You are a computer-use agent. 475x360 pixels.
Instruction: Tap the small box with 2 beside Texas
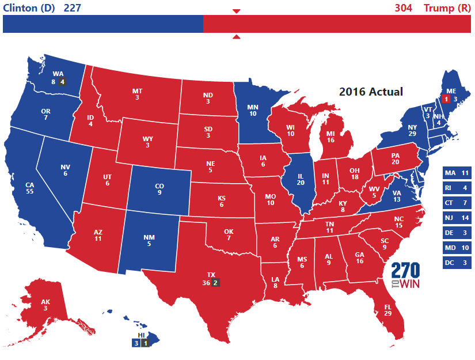coord(215,283)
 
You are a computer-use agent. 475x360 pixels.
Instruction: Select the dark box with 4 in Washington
coord(63,82)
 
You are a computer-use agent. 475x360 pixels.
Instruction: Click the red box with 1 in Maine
coord(445,99)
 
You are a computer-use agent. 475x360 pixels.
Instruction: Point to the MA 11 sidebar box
coord(458,173)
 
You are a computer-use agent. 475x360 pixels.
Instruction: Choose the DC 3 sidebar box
coord(458,263)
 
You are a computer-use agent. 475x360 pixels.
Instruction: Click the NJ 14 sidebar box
coord(458,218)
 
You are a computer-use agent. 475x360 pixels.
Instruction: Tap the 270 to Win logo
coord(405,275)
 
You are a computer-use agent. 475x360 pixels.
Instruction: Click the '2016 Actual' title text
coord(370,92)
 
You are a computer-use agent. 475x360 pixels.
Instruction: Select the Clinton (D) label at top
coord(29,8)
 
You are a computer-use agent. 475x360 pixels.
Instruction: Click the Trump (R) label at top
coord(447,8)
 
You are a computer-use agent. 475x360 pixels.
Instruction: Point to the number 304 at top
coord(404,8)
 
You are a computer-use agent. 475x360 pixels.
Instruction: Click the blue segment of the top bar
coord(104,24)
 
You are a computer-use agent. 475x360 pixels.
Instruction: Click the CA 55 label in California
coord(28,188)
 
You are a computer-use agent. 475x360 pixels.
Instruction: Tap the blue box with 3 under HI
coord(136,343)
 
